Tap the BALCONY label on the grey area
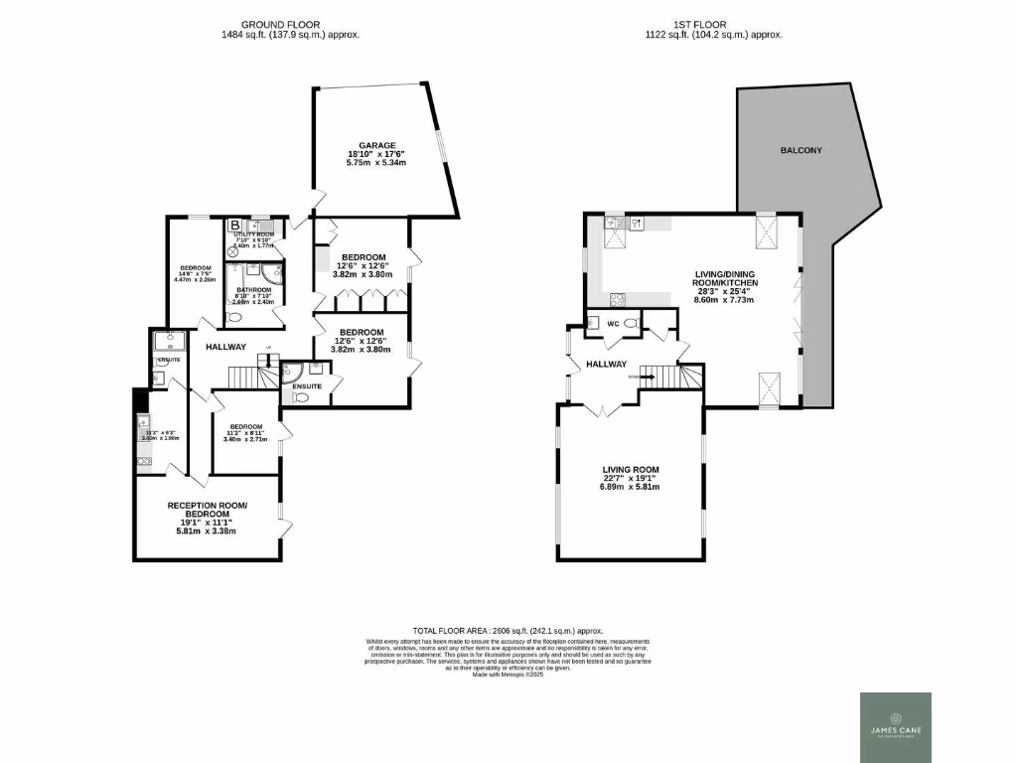tap(800, 150)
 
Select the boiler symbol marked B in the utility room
tap(234, 226)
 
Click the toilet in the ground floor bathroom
tap(234, 317)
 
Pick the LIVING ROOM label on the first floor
tap(631, 470)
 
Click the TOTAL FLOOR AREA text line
tap(508, 631)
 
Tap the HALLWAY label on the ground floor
tap(226, 348)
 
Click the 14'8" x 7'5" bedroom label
tap(195, 274)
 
